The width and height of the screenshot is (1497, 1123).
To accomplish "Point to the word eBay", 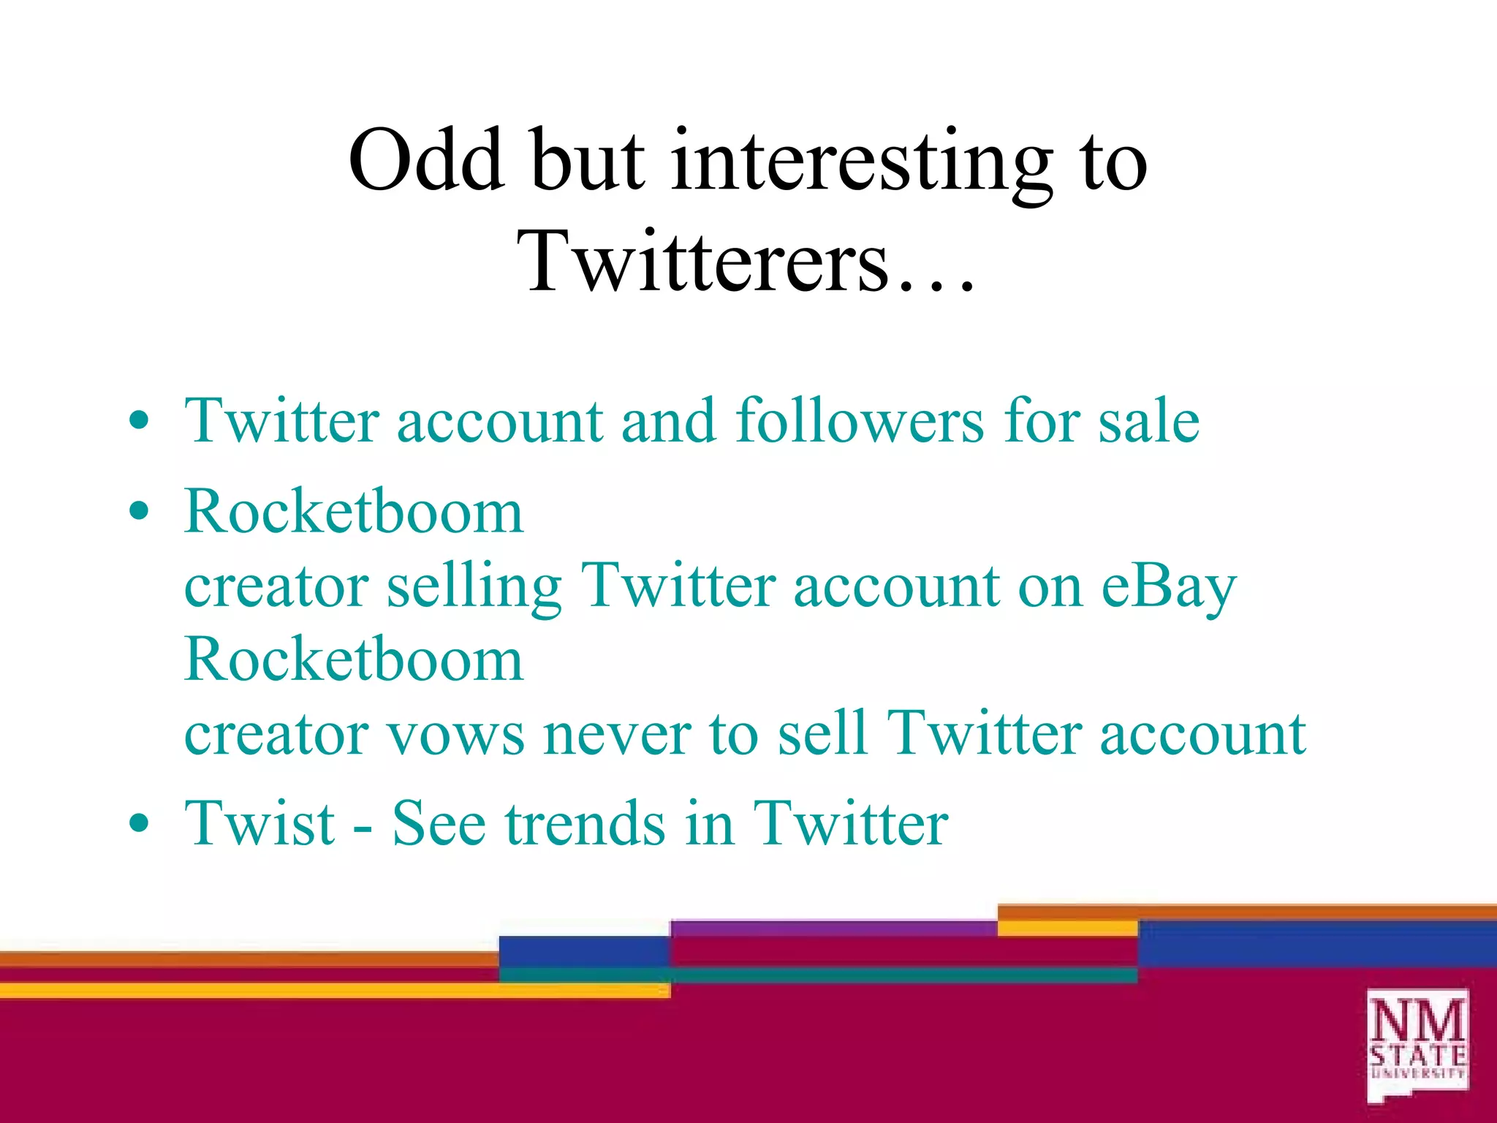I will point(1168,587).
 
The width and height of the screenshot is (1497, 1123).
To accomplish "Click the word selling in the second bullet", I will point(474,587).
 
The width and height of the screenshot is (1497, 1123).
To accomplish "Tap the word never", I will point(618,735).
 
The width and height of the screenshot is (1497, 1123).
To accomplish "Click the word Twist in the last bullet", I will point(259,824).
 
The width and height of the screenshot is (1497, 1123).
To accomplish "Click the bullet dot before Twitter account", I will point(138,421).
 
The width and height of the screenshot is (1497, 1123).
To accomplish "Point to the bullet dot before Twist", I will point(138,824).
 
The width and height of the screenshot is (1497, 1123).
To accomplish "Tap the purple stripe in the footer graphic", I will point(833,928).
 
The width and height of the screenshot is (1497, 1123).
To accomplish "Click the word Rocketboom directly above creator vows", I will point(354,659).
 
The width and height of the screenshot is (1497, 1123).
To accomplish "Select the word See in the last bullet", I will point(439,824).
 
